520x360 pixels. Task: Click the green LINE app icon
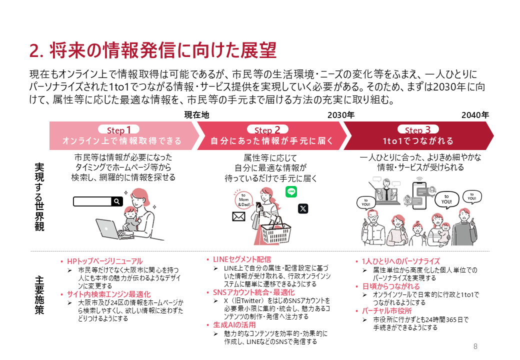click(291, 191)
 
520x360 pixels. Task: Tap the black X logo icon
click(303, 208)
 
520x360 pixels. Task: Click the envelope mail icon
click(239, 216)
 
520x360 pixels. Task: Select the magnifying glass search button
click(117, 201)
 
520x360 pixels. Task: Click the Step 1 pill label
click(118, 129)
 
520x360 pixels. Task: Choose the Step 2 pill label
click(267, 129)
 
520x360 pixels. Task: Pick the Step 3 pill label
click(418, 129)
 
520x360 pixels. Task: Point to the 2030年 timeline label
click(341, 115)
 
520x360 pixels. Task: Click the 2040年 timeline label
click(475, 115)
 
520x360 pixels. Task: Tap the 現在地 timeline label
click(196, 114)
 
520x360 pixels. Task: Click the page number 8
click(475, 346)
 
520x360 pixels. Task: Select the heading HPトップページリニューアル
click(105, 261)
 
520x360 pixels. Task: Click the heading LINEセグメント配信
click(242, 259)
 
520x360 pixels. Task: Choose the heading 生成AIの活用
click(234, 325)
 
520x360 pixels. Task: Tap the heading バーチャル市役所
click(386, 311)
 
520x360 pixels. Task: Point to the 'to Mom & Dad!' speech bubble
click(243, 199)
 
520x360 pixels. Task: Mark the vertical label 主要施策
click(39, 295)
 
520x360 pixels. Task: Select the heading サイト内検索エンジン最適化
click(109, 294)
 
